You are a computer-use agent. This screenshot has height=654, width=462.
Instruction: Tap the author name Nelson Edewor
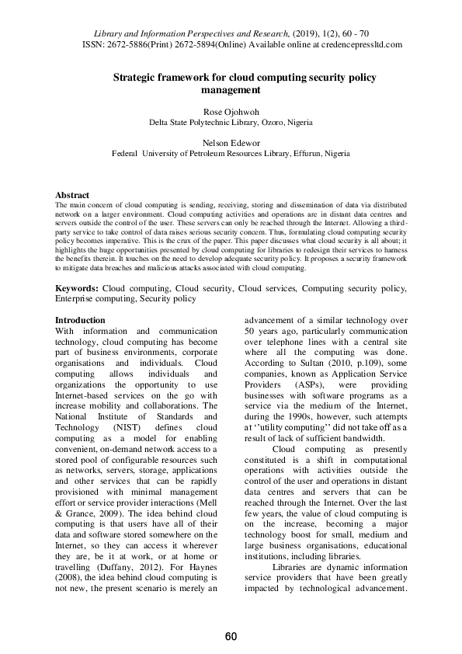coord(231,144)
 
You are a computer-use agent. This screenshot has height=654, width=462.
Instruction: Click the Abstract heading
coord(72,195)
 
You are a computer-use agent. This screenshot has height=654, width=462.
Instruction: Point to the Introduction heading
coord(80,320)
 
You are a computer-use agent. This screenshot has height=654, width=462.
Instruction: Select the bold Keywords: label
coord(76,288)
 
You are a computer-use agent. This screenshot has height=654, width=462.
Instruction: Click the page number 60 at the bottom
coord(231,637)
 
